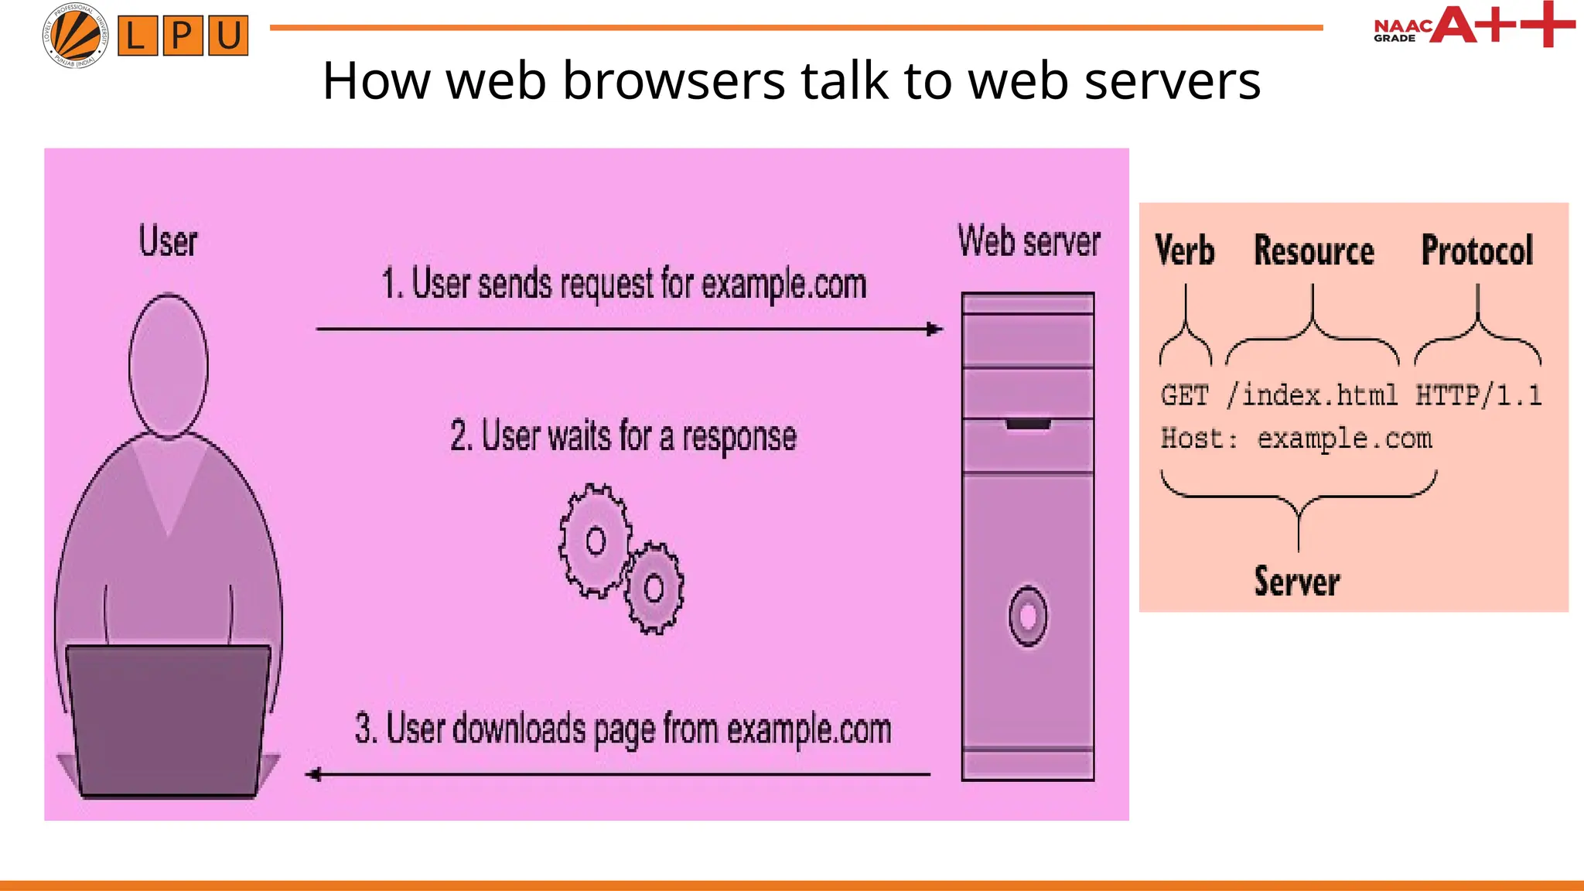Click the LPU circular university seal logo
[75, 35]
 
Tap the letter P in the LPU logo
[183, 36]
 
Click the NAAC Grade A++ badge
[1473, 26]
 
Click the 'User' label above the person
[168, 241]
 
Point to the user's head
[168, 364]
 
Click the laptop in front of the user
[168, 719]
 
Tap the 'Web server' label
[1029, 241]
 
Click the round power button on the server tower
[1028, 616]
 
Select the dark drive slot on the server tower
[1028, 424]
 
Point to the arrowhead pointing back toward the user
[314, 774]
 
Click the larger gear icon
[595, 541]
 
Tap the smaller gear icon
[654, 588]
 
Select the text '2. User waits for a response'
[623, 436]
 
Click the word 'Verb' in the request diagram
[1184, 251]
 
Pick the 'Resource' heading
[1314, 251]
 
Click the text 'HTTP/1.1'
[1478, 395]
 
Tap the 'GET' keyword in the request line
[1184, 395]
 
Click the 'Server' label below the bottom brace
[1297, 582]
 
